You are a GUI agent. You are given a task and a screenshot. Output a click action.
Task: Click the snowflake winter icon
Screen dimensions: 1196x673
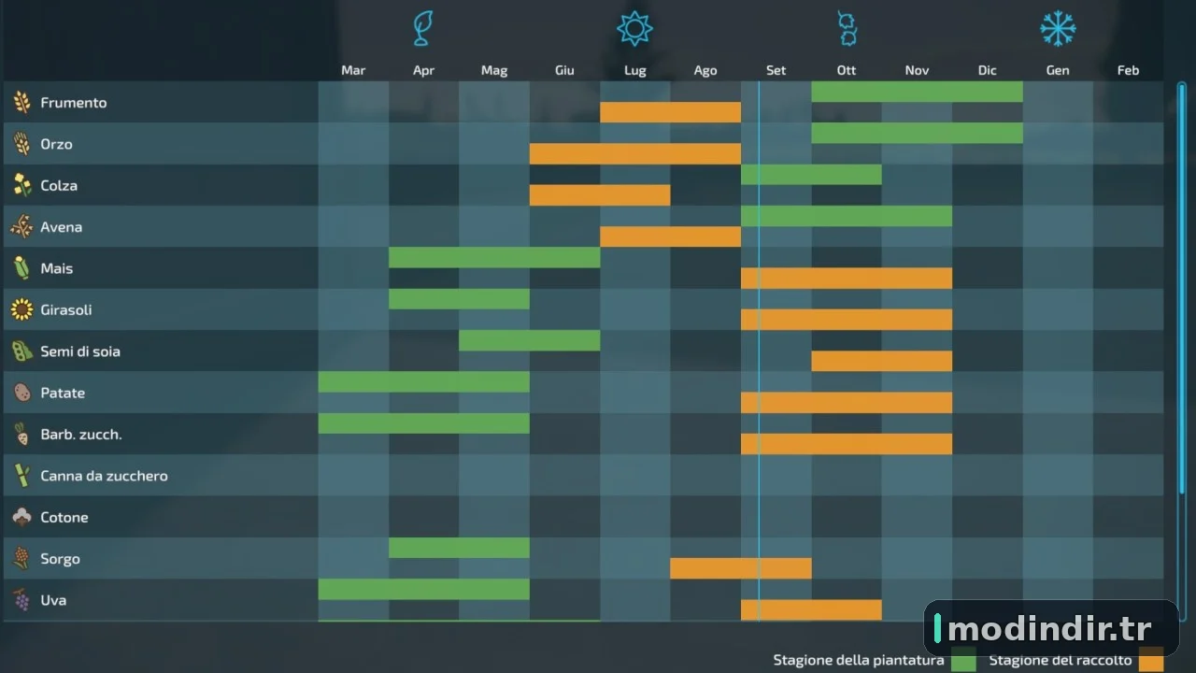(x=1058, y=29)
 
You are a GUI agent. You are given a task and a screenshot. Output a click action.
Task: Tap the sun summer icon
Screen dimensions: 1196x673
(x=634, y=29)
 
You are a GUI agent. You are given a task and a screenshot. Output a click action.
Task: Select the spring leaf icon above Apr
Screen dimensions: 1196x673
(x=423, y=29)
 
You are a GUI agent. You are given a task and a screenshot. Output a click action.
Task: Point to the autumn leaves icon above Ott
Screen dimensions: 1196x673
(x=847, y=29)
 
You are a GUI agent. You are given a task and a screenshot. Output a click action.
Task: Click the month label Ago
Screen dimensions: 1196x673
(x=705, y=70)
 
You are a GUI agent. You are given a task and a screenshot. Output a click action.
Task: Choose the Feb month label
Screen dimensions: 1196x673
(x=1128, y=70)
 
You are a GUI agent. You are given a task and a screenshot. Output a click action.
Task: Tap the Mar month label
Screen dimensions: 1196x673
(x=353, y=70)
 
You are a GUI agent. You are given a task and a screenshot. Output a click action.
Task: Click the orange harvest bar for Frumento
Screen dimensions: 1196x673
(x=670, y=112)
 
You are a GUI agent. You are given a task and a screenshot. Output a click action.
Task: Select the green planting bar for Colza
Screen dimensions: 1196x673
(x=811, y=175)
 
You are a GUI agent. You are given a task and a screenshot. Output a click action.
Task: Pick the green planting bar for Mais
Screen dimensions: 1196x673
(x=494, y=257)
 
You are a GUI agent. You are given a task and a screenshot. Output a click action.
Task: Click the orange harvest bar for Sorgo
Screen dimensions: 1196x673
(x=741, y=568)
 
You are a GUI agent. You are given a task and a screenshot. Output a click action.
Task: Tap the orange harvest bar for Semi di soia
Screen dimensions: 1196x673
(x=881, y=361)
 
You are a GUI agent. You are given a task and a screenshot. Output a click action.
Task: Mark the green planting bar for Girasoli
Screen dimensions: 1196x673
(x=459, y=299)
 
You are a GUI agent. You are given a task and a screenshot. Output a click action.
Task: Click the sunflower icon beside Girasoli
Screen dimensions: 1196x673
(x=21, y=309)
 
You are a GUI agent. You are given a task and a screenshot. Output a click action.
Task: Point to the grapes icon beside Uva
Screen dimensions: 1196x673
(x=21, y=600)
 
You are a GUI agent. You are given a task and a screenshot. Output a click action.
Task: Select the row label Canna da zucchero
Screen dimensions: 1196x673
(x=104, y=476)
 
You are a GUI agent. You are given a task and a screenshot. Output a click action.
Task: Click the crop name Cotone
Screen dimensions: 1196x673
(x=64, y=518)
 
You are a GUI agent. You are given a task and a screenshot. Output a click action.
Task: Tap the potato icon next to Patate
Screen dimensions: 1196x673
(x=21, y=393)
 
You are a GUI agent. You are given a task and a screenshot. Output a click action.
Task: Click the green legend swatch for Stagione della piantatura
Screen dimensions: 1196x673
(x=963, y=660)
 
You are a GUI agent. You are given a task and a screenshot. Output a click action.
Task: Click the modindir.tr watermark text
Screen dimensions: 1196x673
(x=1049, y=629)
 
